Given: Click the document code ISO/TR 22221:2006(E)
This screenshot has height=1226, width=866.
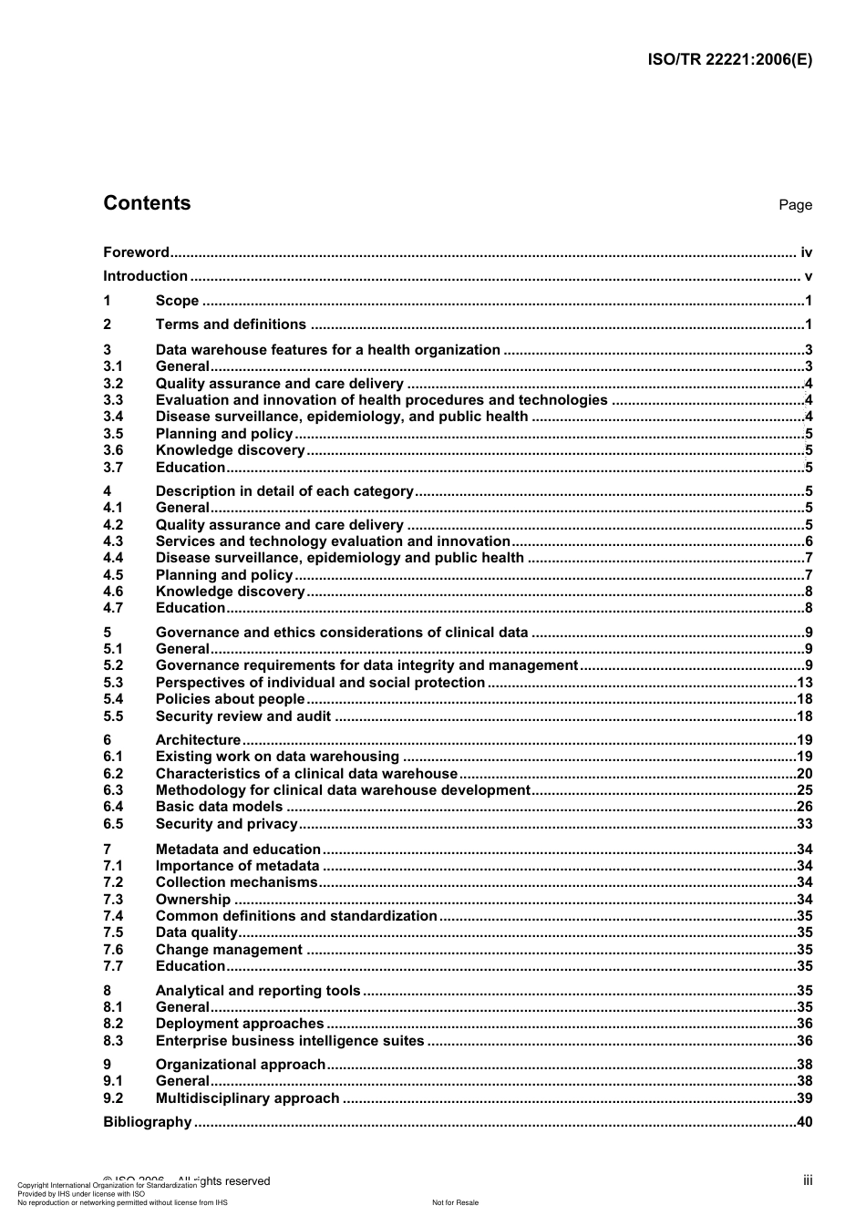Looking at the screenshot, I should click(729, 60).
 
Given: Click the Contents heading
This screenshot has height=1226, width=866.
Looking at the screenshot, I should click(147, 203).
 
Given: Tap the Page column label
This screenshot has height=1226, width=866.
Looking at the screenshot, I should click(795, 205).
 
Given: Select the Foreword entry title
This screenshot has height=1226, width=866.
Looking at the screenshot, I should click(136, 252).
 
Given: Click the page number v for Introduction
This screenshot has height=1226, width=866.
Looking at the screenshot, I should click(809, 276).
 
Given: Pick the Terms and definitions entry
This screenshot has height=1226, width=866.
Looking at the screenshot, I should click(231, 325).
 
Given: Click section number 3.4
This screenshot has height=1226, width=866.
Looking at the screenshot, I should click(113, 417).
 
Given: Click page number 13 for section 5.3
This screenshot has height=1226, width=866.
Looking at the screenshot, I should click(804, 683).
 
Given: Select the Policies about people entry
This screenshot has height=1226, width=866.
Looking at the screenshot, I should click(230, 699).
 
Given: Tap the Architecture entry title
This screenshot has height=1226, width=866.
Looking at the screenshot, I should click(198, 740).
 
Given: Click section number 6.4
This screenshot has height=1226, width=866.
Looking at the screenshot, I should click(113, 807).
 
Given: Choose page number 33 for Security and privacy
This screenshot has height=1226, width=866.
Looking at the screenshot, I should click(804, 824).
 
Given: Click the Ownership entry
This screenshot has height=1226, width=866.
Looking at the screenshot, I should click(193, 900).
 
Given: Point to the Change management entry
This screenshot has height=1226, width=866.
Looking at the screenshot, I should click(230, 950).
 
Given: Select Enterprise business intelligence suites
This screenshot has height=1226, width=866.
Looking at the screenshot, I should click(290, 1041).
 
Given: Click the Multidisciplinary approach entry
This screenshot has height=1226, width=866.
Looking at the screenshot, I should click(247, 1098).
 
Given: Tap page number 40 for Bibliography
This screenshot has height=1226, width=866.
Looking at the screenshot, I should click(804, 1122).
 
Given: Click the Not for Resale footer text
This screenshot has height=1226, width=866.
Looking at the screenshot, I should click(455, 1202).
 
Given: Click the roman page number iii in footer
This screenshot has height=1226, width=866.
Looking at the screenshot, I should click(808, 1180).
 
